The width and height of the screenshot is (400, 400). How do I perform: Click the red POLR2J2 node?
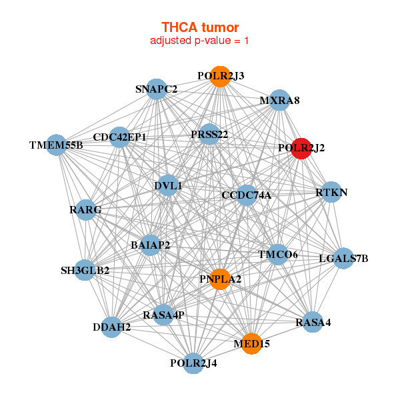click(301, 149)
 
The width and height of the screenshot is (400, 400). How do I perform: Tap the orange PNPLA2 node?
click(219, 279)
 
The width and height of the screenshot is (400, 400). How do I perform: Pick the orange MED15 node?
click(251, 343)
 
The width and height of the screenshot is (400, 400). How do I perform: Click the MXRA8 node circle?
click(279, 101)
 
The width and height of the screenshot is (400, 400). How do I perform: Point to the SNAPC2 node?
click(156, 89)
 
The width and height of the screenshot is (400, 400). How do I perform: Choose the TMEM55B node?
click(56, 145)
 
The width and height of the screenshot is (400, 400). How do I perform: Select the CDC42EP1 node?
click(120, 137)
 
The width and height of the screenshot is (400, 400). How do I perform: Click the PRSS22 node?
click(209, 135)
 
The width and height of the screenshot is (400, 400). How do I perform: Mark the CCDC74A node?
click(247, 195)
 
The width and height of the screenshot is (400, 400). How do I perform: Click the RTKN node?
click(331, 193)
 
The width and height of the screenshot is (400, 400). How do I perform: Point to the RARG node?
click(85, 210)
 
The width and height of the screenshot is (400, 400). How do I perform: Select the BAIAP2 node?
click(151, 245)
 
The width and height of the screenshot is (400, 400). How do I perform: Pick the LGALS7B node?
click(343, 258)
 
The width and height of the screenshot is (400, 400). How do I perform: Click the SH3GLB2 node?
click(85, 270)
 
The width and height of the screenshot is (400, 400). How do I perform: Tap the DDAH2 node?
click(112, 327)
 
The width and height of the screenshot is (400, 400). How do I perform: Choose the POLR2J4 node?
click(193, 363)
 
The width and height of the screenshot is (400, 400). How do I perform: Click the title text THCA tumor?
click(200, 27)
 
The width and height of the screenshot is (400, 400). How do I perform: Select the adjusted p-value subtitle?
click(200, 41)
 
